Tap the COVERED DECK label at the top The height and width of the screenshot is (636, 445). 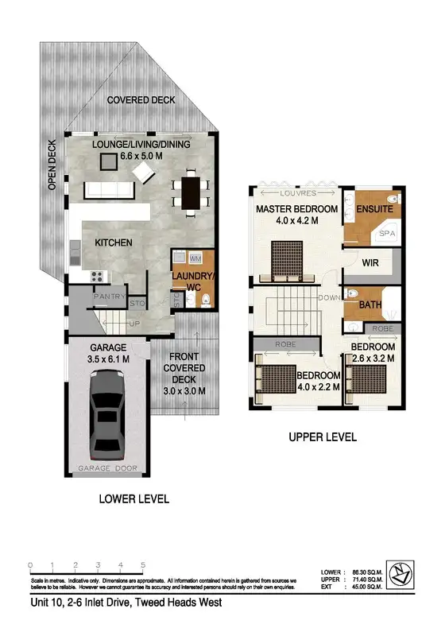[x=141, y=100]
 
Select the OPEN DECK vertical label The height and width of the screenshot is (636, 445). [x=51, y=165]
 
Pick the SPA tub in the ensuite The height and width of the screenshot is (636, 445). [x=386, y=235]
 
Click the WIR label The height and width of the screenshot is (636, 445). [x=370, y=262]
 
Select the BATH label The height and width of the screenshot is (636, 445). [x=371, y=304]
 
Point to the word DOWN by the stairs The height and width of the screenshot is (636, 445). [x=326, y=298]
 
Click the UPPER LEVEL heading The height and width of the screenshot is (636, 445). [x=323, y=436]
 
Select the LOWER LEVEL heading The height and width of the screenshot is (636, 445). [x=134, y=499]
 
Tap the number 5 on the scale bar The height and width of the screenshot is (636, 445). [x=143, y=565]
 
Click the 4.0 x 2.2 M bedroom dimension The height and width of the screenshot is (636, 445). [x=320, y=386]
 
